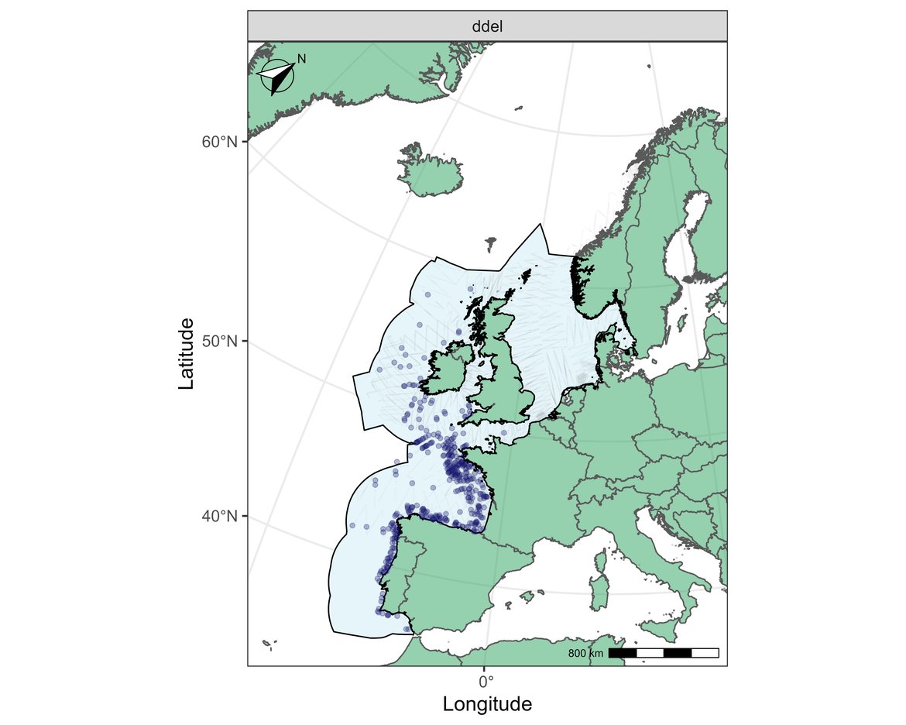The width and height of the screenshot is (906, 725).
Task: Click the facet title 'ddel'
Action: click(487, 26)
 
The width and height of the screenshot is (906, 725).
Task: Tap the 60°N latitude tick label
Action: click(220, 142)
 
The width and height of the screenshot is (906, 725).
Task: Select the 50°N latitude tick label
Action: click(220, 342)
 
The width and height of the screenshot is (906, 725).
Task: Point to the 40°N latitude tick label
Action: click(220, 516)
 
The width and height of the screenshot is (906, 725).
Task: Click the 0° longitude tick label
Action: click(486, 682)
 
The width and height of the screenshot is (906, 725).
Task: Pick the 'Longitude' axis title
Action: click(487, 704)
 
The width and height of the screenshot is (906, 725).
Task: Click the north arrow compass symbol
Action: click(277, 77)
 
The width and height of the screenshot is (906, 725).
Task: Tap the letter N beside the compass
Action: click(302, 59)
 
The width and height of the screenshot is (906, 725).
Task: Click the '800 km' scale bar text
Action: click(585, 654)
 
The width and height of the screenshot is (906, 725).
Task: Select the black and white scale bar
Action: click(664, 653)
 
